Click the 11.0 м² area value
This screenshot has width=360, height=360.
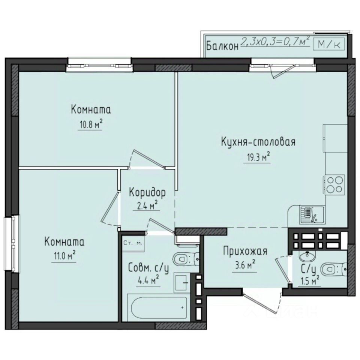click(64, 256)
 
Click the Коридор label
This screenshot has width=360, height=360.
click(147, 192)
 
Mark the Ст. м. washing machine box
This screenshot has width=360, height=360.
click(132, 243)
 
